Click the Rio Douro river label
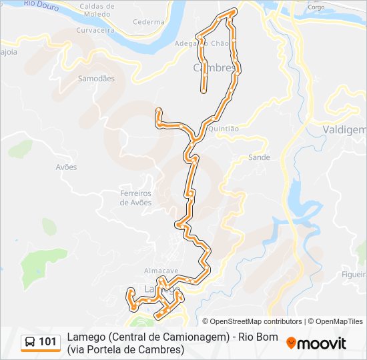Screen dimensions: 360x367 (41, 7)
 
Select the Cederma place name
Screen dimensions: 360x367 (148, 22)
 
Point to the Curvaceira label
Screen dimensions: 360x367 (95, 31)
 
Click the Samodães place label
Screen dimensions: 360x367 (97, 79)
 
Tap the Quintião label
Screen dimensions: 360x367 (224, 129)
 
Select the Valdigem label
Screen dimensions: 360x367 (344, 130)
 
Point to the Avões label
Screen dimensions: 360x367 (66, 167)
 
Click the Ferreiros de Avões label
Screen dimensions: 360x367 (136, 198)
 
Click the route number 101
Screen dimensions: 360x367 (47, 343)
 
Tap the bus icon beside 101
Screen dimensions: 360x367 (30, 343)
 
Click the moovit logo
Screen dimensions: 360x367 (316, 343)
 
